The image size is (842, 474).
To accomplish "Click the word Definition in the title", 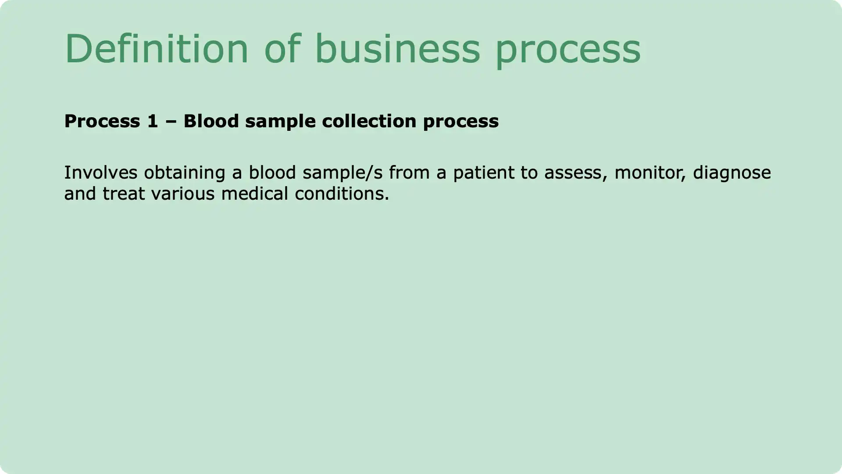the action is point(157,48).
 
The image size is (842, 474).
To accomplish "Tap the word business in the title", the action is point(397,48).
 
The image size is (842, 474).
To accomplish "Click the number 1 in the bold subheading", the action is point(153,121).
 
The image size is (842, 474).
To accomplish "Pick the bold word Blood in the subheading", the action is point(211,121).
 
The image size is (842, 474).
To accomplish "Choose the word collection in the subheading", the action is point(369,121).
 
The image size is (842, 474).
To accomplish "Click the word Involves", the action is point(101,172).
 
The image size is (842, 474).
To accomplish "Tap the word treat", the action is point(124,194).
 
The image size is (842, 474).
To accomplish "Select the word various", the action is point(183,194).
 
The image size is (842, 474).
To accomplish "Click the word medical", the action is point(254,194).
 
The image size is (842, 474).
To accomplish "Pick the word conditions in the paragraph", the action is point(342,194).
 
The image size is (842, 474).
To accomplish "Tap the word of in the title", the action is point(282,48).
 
